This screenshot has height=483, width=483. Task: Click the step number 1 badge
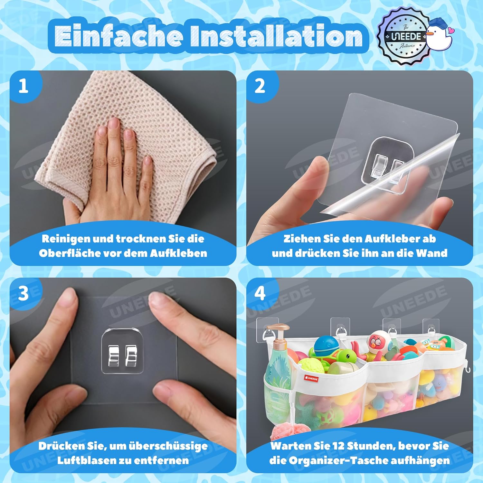(23, 86)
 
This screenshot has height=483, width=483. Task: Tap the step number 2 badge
(260, 86)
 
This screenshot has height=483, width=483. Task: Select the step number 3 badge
(23, 293)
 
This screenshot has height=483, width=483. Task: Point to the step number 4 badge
(260, 293)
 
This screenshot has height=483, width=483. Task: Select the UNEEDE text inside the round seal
(406, 36)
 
